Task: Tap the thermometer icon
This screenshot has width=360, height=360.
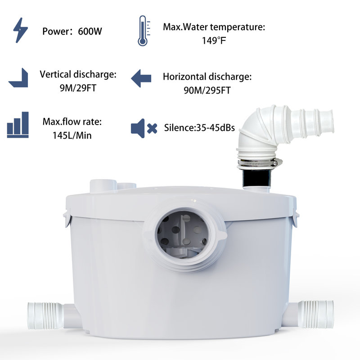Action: (142, 31)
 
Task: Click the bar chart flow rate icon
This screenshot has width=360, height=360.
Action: (18, 125)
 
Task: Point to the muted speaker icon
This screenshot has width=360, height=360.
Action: (143, 128)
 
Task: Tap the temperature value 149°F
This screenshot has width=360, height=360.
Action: (214, 39)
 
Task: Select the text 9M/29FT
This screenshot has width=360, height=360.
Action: (78, 87)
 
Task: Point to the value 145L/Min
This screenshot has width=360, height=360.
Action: (72, 135)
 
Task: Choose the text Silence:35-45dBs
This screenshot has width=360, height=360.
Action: (200, 128)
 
